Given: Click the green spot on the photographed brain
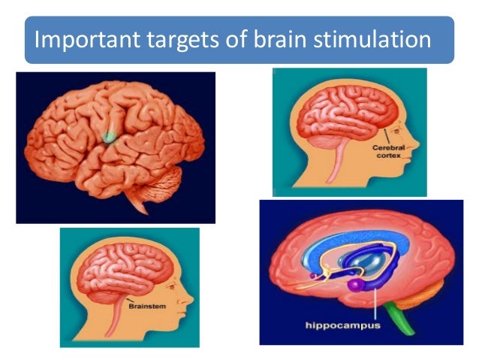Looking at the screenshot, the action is (110, 138).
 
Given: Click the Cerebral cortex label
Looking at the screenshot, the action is (388, 153).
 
